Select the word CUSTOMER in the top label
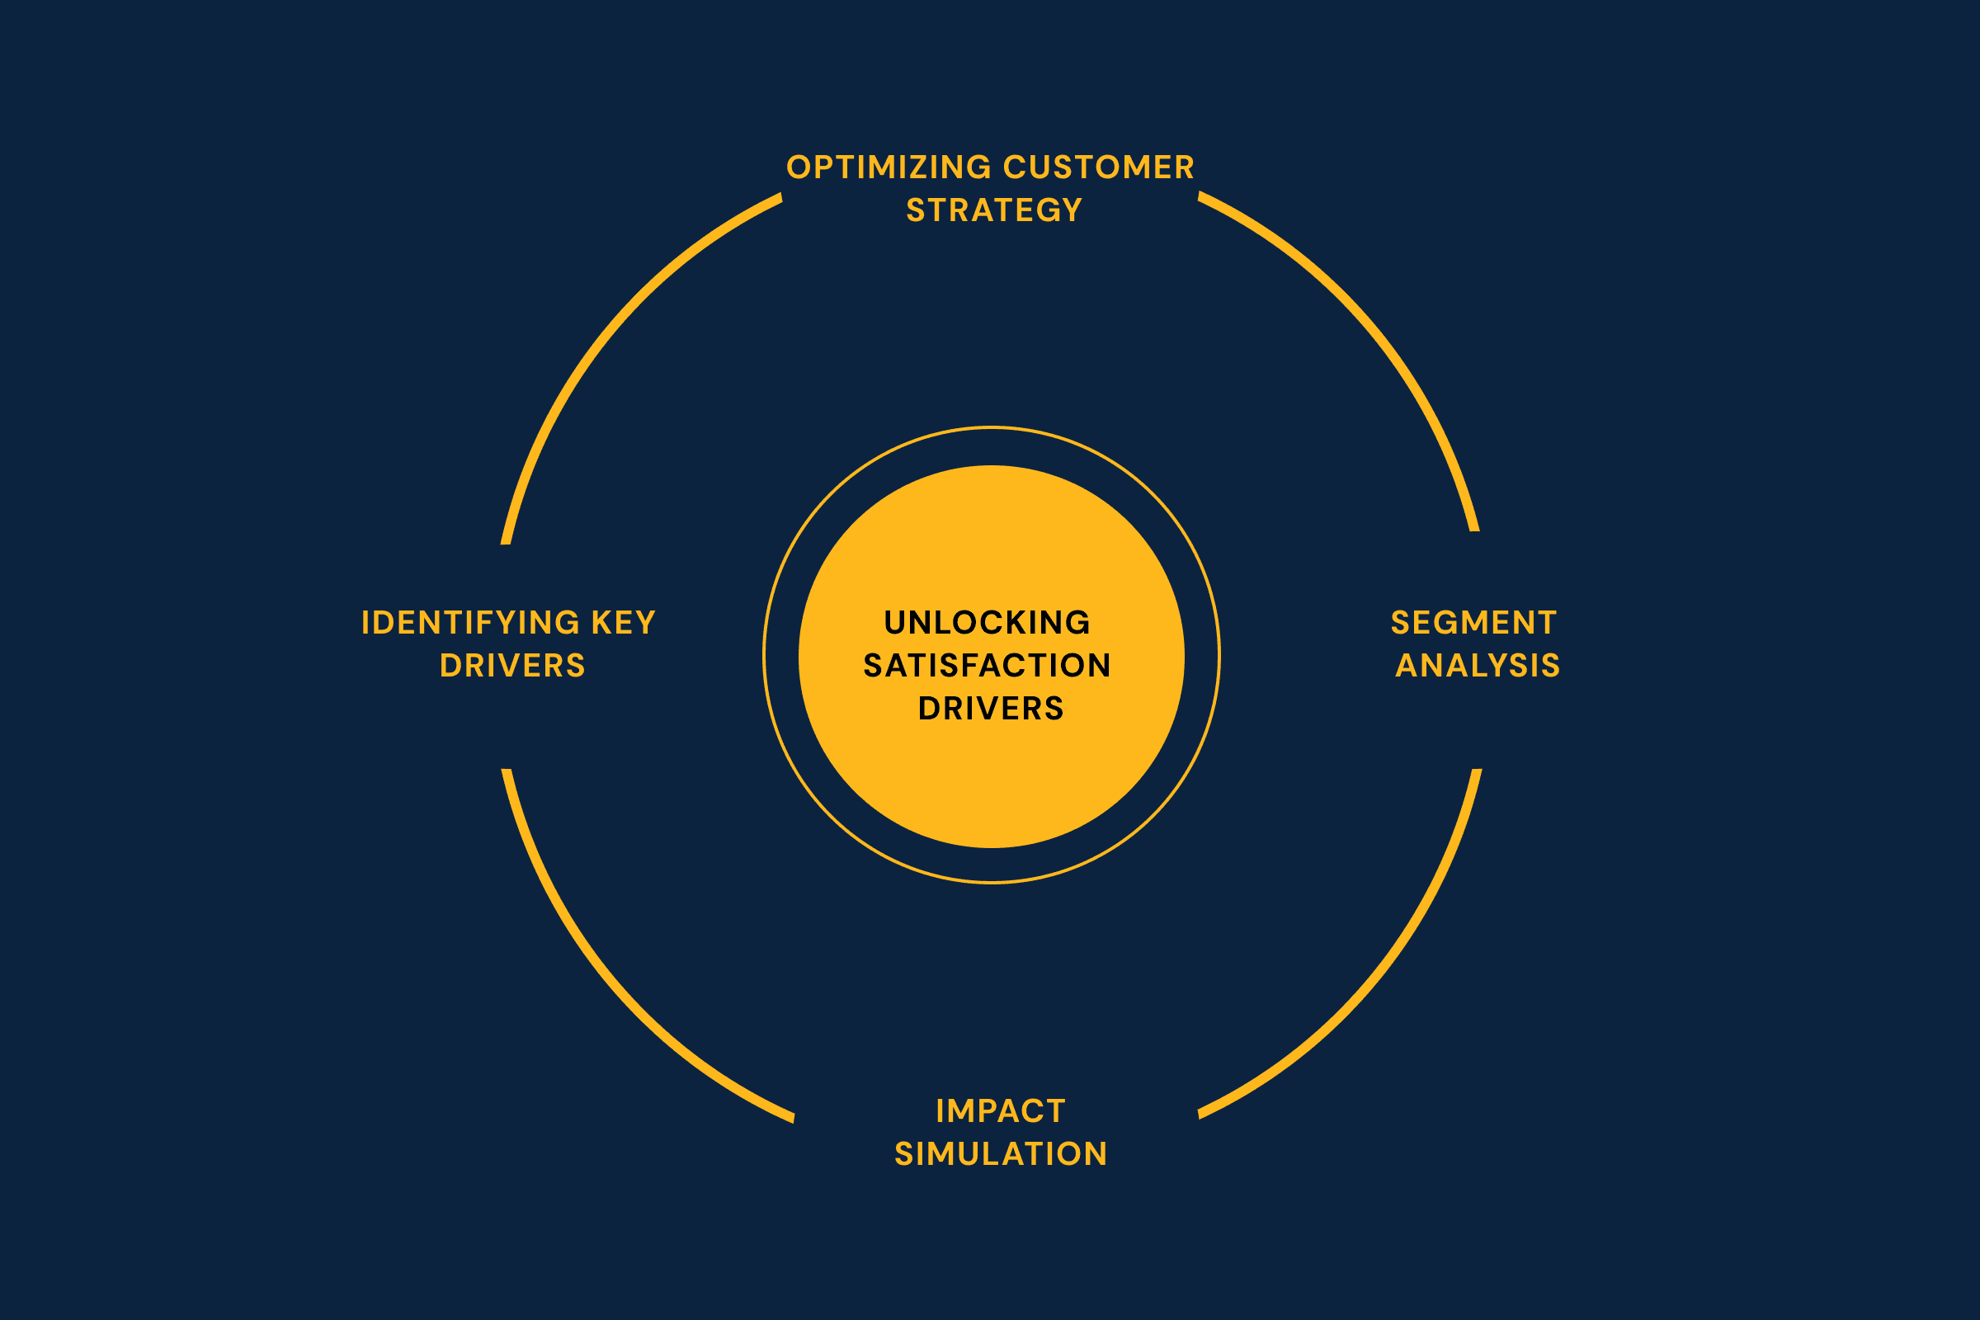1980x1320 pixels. [1099, 167]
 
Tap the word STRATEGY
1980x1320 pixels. [994, 210]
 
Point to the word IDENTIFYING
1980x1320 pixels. [470, 623]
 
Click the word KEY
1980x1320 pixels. [623, 623]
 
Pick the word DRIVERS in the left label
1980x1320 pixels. [511, 666]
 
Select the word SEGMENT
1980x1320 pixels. [1473, 623]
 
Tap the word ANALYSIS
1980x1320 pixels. [1478, 666]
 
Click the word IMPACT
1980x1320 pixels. [1001, 1111]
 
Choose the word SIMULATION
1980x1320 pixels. [1001, 1154]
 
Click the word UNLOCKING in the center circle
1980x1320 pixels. [988, 623]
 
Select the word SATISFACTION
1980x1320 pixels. [988, 666]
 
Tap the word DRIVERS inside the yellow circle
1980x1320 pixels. [991, 709]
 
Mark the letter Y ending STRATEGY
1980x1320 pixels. [1072, 210]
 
